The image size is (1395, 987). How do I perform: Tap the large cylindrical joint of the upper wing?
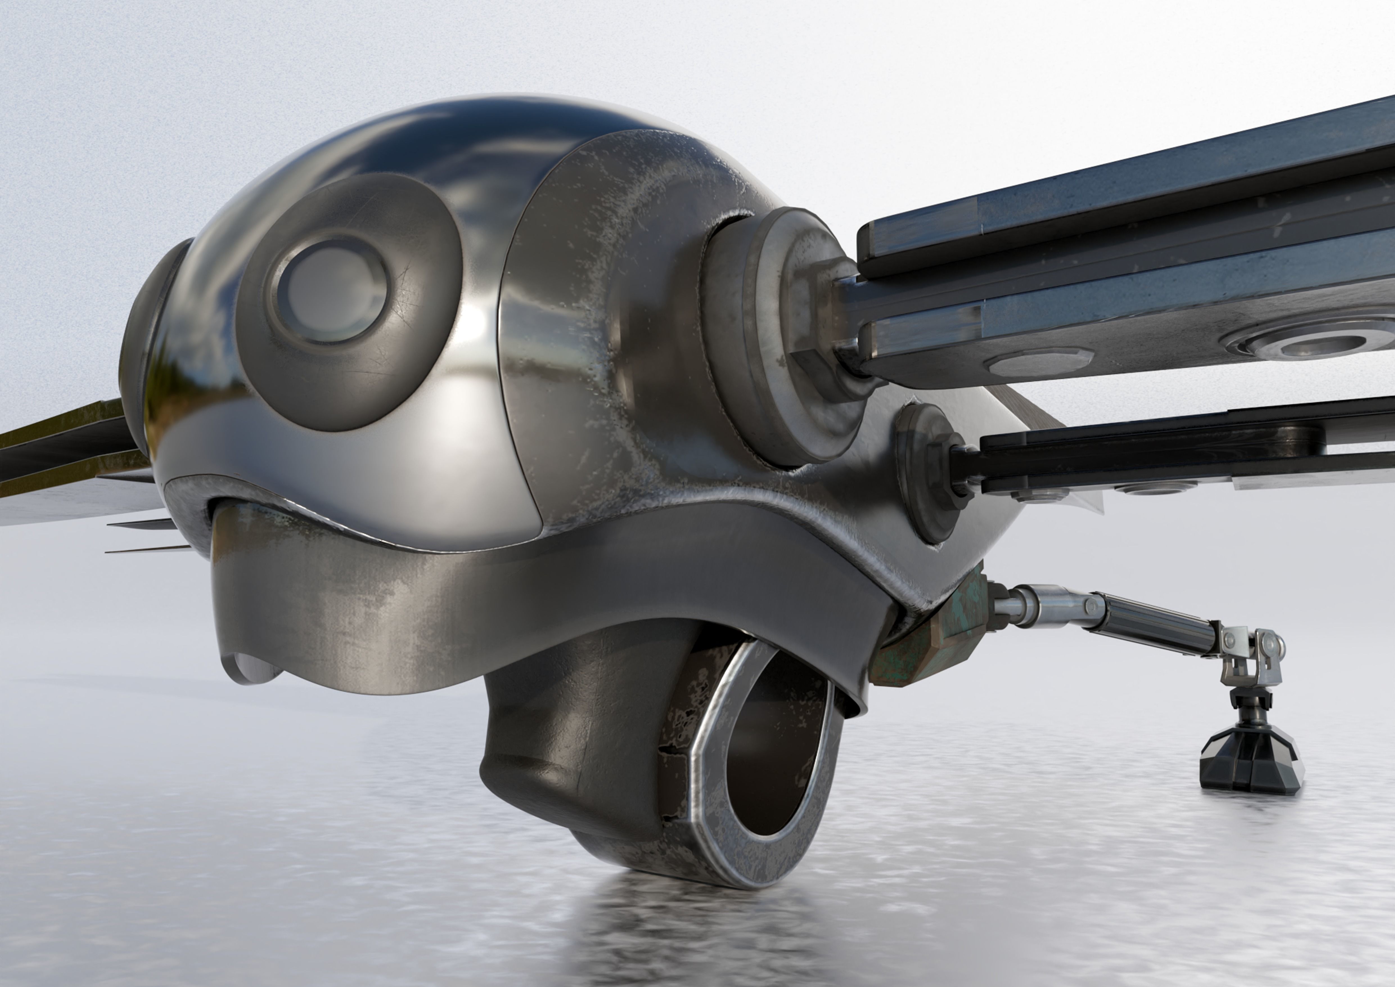[x=790, y=334]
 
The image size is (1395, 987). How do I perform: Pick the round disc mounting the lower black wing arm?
[x=923, y=474]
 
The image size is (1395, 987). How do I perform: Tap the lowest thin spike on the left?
[x=146, y=550]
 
